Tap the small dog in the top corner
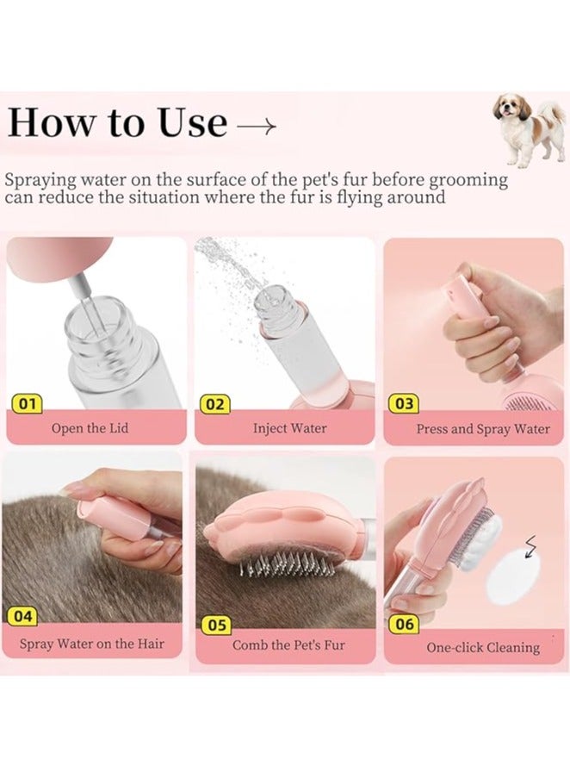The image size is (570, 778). pyautogui.click(x=530, y=130)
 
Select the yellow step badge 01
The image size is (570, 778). pyautogui.click(x=27, y=403)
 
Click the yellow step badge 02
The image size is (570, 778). pyautogui.click(x=215, y=404)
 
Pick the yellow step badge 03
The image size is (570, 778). pyautogui.click(x=404, y=403)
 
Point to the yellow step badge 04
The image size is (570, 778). pyautogui.click(x=22, y=617)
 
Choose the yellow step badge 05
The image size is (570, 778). pyautogui.click(x=217, y=626)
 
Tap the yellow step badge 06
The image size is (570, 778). pyautogui.click(x=405, y=624)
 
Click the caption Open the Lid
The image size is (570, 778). pyautogui.click(x=90, y=427)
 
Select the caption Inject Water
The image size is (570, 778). pyautogui.click(x=290, y=428)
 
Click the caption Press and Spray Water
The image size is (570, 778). pyautogui.click(x=483, y=429)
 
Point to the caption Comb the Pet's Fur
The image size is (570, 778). pyautogui.click(x=288, y=645)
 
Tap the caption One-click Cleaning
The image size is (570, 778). pyautogui.click(x=483, y=648)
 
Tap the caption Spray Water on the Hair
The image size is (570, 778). pyautogui.click(x=91, y=644)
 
